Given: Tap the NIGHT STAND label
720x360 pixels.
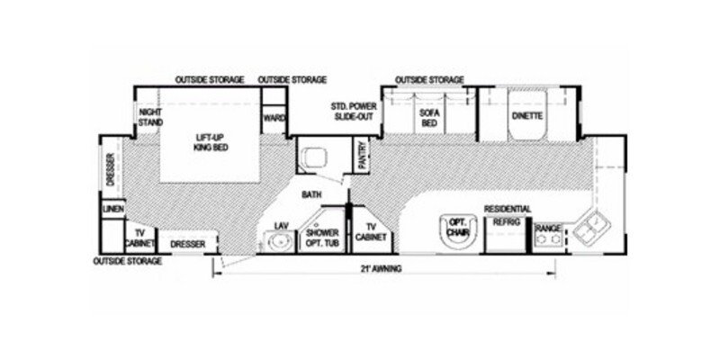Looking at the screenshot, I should click(148, 118).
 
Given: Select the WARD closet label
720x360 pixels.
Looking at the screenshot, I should click(270, 119).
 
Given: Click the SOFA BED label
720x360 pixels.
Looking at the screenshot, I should click(427, 118).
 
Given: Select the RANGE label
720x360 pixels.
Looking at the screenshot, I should click(548, 229).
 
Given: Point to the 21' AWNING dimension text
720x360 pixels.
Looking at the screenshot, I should click(377, 268).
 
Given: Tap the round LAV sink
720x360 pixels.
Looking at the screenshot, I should click(278, 240).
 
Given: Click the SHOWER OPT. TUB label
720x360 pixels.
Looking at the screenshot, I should click(321, 238).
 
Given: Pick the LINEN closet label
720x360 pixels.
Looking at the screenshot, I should click(112, 209).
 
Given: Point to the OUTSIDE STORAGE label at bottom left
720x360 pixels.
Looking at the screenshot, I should click(128, 261).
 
